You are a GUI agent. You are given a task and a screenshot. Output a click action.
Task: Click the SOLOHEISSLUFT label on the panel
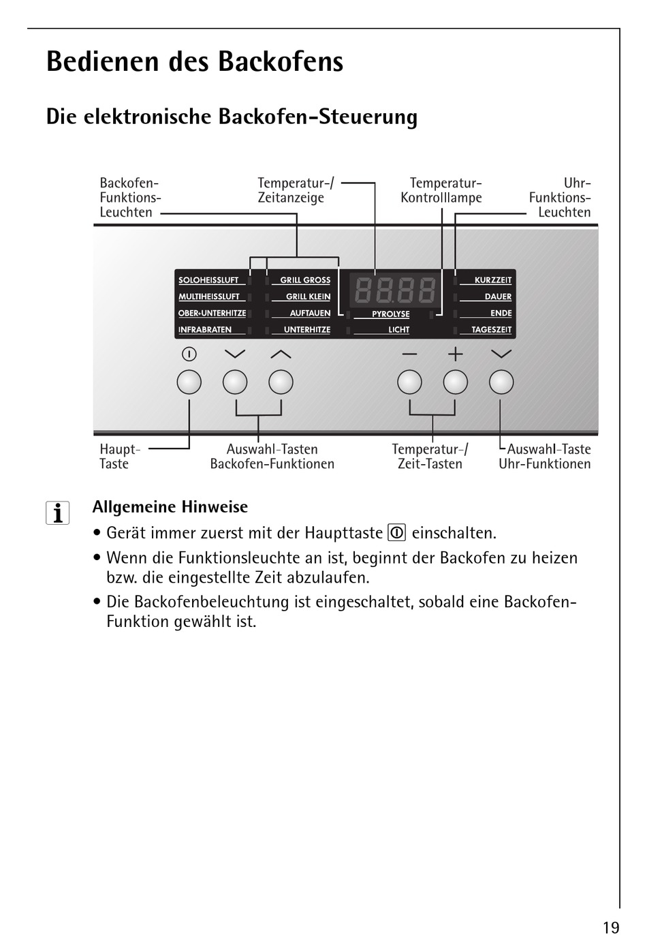click(x=208, y=280)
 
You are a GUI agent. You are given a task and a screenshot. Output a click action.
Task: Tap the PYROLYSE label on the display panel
click(x=390, y=314)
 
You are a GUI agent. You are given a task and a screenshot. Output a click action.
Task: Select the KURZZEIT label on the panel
click(x=492, y=280)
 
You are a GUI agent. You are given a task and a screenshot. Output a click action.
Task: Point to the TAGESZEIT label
click(x=491, y=330)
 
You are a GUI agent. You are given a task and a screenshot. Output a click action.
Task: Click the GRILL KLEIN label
click(x=308, y=296)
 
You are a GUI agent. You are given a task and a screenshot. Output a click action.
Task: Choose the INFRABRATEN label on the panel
click(x=205, y=330)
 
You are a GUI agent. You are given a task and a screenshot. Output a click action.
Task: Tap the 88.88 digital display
click(x=395, y=291)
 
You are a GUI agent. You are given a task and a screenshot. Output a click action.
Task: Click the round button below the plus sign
click(x=455, y=382)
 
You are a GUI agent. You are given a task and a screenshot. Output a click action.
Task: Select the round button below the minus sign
click(x=409, y=382)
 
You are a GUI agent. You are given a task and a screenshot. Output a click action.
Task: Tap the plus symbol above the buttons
click(x=455, y=354)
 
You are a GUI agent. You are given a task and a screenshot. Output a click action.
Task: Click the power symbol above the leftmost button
click(x=189, y=354)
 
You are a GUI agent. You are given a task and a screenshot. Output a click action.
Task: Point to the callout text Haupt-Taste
click(x=120, y=457)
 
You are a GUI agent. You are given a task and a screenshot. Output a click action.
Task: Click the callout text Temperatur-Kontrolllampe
click(x=441, y=190)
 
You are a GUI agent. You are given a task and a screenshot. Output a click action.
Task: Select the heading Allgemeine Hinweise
click(x=170, y=507)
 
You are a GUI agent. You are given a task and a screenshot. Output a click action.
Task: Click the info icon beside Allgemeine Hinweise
click(x=58, y=512)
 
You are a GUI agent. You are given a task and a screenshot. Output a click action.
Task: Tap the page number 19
click(x=611, y=927)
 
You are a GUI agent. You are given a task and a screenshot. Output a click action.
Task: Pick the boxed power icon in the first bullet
click(x=397, y=532)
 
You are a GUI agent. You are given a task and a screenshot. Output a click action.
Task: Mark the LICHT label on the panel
click(x=398, y=330)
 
